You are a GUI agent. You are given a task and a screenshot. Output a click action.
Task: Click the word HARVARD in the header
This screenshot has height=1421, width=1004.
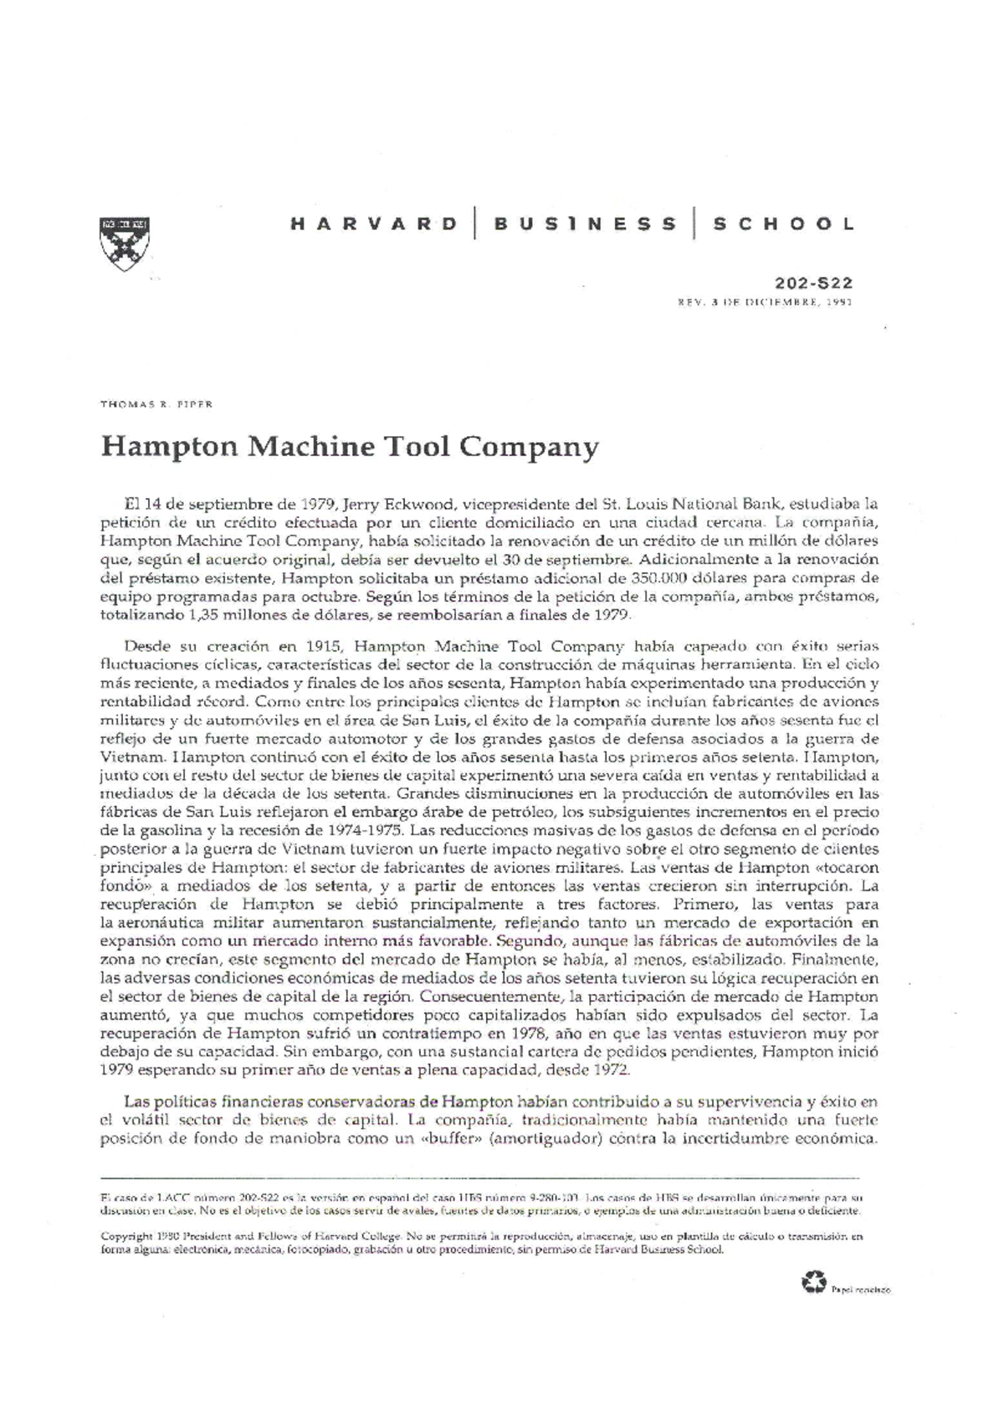pyautogui.click(x=373, y=224)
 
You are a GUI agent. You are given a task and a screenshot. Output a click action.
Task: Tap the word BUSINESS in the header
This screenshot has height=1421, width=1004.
pyautogui.click(x=585, y=224)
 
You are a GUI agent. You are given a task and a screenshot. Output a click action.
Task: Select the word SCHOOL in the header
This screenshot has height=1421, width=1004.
pyautogui.click(x=783, y=224)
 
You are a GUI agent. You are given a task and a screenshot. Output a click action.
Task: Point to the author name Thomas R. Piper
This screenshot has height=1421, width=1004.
pyautogui.click(x=156, y=403)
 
